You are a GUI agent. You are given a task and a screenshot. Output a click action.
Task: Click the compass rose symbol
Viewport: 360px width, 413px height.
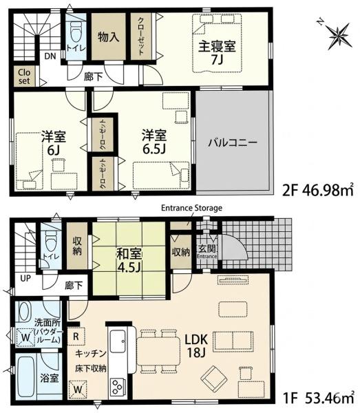[340, 35]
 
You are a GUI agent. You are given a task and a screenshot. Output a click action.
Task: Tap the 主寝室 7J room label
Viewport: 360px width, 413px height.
[217, 52]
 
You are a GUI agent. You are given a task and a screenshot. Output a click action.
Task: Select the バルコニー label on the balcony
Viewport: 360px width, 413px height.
[233, 143]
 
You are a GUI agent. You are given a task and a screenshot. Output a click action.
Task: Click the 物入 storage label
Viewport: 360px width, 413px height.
[109, 37]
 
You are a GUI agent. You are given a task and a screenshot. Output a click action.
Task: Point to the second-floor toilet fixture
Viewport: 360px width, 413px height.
[76, 32]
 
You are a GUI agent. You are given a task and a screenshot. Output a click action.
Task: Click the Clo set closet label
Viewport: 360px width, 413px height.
[24, 76]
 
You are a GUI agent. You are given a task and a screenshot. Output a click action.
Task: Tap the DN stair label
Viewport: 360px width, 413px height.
[50, 56]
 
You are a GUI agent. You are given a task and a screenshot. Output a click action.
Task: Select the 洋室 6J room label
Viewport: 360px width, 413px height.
[54, 142]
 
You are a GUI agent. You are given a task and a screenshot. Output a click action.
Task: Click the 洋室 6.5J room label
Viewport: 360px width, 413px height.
[154, 142]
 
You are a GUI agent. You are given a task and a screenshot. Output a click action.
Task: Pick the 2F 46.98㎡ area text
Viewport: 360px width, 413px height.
[317, 190]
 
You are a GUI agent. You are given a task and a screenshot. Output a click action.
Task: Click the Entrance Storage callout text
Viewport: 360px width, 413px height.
[191, 208]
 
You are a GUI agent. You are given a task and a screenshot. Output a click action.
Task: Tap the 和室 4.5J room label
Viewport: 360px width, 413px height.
[129, 260]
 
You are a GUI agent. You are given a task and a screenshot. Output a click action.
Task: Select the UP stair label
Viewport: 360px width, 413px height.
[25, 278]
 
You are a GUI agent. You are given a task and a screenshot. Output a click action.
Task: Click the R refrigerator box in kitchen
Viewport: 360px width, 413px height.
[76, 336]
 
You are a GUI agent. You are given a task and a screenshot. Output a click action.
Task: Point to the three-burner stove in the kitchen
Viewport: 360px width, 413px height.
[116, 387]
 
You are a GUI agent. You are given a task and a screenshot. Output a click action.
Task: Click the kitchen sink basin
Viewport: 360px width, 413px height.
[118, 341]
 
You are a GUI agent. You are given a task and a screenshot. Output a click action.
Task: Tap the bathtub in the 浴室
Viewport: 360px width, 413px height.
[26, 377]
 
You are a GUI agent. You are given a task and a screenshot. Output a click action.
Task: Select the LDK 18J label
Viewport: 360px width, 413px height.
[196, 346]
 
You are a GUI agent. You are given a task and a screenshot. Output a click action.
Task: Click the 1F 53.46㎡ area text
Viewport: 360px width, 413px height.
[318, 398]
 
